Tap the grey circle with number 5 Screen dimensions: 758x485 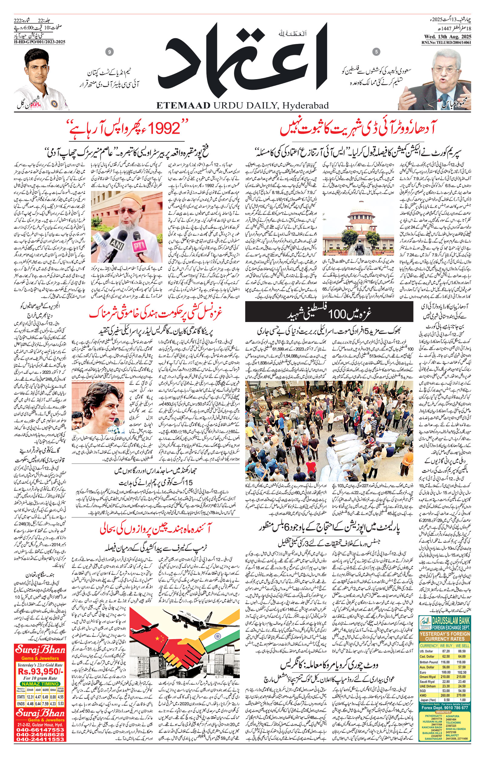click(x=377, y=52)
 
